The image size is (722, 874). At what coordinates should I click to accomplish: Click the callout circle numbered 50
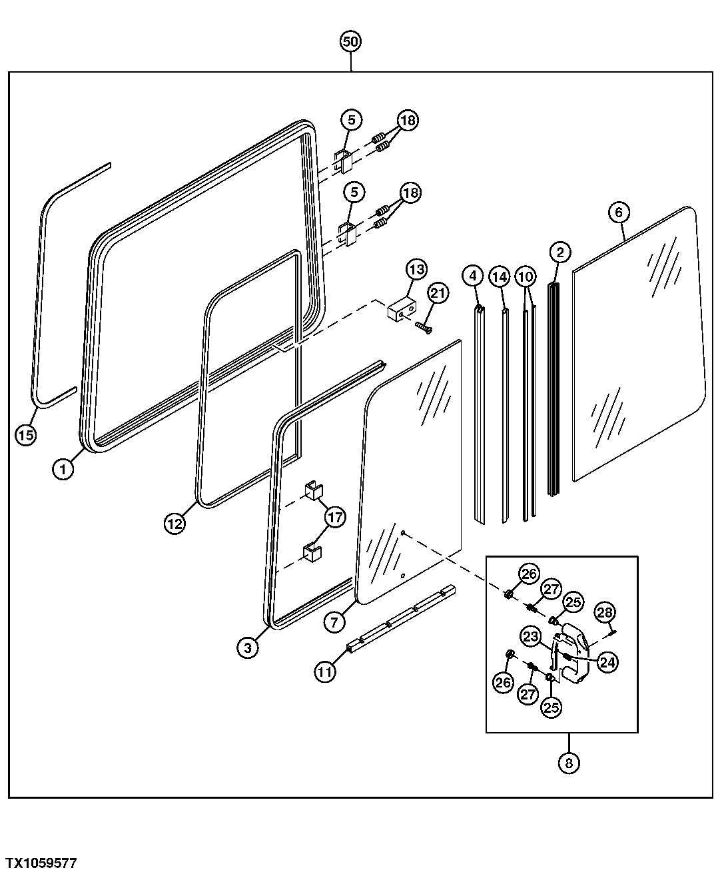(x=350, y=42)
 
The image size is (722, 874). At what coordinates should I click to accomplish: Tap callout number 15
(x=25, y=435)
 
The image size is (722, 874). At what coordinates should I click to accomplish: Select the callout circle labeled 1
(x=63, y=469)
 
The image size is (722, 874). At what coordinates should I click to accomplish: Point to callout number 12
(x=175, y=523)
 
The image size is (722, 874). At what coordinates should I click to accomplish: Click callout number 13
(x=416, y=270)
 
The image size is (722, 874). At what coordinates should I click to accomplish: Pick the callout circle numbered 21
(x=438, y=293)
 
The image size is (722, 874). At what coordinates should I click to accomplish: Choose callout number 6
(x=619, y=213)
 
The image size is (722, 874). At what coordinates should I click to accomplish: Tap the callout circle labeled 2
(x=560, y=252)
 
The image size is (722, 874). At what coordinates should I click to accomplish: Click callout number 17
(x=335, y=518)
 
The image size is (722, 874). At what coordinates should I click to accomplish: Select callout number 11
(x=325, y=672)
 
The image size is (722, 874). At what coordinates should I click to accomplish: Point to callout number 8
(x=569, y=763)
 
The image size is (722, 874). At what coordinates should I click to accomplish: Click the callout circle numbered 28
(x=605, y=613)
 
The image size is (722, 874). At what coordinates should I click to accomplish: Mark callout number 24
(x=607, y=662)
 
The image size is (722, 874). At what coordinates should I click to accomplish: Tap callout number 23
(x=531, y=637)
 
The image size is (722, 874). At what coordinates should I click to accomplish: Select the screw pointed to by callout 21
(x=424, y=326)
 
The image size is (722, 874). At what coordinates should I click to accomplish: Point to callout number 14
(x=500, y=276)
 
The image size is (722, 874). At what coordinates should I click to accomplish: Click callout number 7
(x=334, y=622)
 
